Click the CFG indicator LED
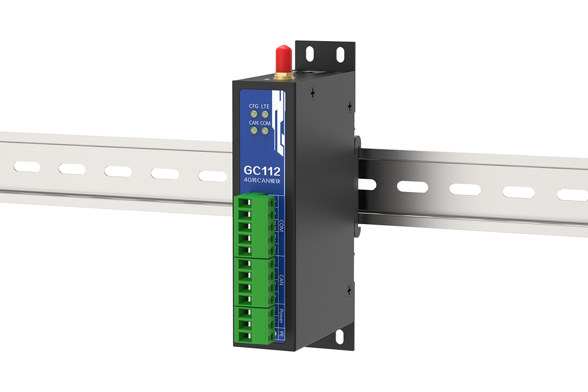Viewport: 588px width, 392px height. pyautogui.click(x=254, y=115)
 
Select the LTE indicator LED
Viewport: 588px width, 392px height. pyautogui.click(x=265, y=115)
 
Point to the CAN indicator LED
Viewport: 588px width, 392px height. pyautogui.click(x=254, y=131)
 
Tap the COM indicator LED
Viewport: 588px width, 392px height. pyautogui.click(x=265, y=131)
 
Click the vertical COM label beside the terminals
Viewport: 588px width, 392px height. pyautogui.click(x=281, y=226)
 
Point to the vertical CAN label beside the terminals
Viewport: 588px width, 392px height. pyautogui.click(x=281, y=280)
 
